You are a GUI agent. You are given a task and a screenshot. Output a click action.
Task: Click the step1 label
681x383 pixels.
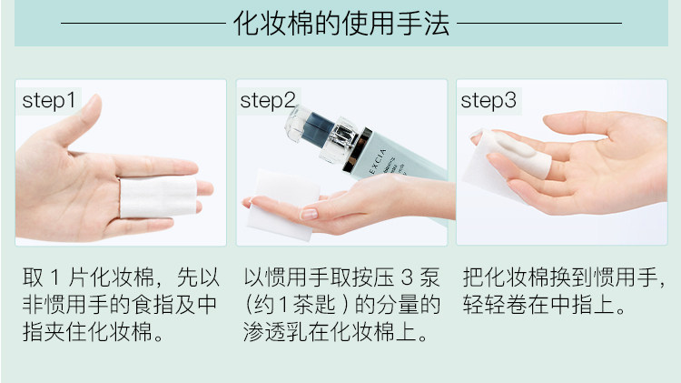(49, 101)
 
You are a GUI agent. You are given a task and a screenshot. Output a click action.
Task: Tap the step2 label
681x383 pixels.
(268, 101)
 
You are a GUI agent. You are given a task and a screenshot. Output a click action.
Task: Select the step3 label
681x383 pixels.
(489, 101)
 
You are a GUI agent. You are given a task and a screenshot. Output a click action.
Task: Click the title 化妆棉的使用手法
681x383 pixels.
(341, 23)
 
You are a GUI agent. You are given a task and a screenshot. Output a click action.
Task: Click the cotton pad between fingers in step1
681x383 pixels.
(158, 197)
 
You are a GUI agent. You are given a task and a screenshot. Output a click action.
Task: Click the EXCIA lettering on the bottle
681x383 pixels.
(378, 161)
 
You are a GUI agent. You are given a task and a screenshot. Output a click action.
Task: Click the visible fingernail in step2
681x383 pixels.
(309, 214)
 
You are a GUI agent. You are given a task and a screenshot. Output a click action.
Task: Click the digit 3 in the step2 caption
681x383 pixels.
(407, 277)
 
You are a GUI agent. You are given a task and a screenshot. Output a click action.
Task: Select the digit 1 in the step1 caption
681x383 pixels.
(55, 277)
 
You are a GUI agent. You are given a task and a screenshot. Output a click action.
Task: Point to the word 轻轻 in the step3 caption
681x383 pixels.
(484, 305)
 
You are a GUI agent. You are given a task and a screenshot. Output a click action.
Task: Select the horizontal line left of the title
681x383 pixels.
(143, 23)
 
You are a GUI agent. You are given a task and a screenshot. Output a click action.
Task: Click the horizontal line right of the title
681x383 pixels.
(539, 23)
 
